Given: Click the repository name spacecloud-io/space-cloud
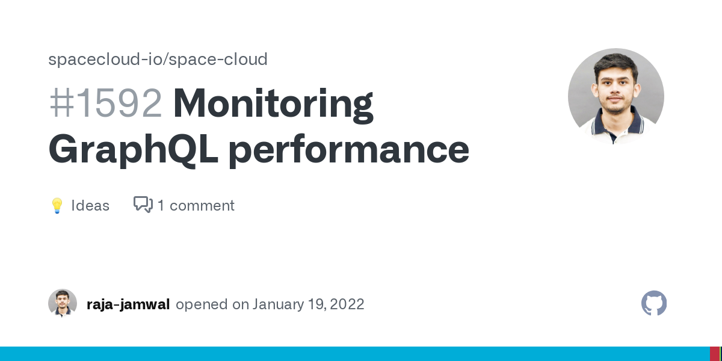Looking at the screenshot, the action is [158, 60].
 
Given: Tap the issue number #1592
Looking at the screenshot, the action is [105, 103].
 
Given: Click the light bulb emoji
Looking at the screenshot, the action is [57, 205].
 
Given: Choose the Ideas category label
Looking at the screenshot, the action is [90, 205].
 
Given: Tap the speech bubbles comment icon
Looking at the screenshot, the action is [143, 205].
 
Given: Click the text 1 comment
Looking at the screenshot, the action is [196, 205].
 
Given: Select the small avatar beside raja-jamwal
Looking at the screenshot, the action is [63, 303].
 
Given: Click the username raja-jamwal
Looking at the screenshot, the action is [128, 304].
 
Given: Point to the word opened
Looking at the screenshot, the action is [202, 304].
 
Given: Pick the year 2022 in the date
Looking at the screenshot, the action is [347, 304].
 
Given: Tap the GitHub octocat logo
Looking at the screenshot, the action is [654, 303].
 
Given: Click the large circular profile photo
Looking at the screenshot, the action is [616, 96].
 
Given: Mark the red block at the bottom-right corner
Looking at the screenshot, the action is [715, 354].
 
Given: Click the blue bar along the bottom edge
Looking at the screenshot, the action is [354, 354].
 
